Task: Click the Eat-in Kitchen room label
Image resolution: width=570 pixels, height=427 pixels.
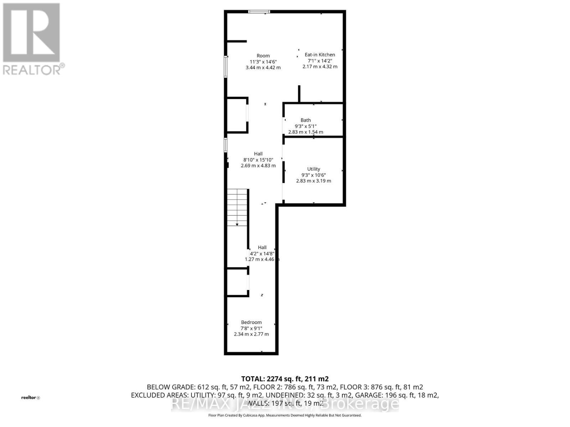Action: coord(320,55)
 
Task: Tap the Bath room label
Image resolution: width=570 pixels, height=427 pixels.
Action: coord(305,120)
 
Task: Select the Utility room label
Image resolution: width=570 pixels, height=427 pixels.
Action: coord(313,169)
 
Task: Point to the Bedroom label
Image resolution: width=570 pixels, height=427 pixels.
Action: coord(251,322)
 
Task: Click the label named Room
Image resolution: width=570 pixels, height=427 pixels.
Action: coord(263,56)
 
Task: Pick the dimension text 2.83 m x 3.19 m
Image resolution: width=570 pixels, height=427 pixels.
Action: coord(313,181)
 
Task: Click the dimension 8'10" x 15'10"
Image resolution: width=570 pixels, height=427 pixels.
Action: coord(258,160)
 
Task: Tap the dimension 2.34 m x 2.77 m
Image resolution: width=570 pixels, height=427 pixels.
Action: coord(251,334)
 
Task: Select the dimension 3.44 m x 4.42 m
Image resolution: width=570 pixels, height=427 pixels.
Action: coord(263,68)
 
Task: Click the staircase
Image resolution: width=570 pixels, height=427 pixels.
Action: coord(237,207)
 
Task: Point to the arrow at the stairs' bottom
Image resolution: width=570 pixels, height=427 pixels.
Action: coord(237,225)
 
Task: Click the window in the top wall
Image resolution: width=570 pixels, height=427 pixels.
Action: coord(259,12)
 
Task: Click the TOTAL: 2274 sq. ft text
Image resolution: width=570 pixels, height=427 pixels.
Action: coord(285,379)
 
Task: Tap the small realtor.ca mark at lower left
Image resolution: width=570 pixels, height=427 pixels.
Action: coord(31,397)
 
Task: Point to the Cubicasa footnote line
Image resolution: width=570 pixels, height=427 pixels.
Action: coord(285,415)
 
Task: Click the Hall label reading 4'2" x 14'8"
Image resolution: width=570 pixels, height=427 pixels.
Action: coord(262,253)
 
